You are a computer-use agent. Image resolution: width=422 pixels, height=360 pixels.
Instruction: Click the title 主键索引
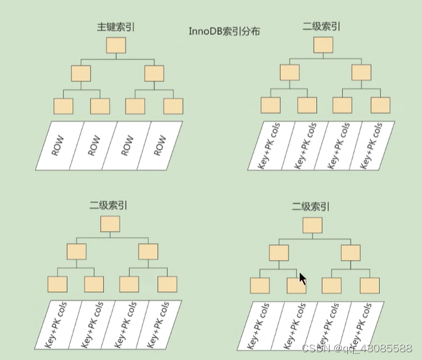pos(116,27)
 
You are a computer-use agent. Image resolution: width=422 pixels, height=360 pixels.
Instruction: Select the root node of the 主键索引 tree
pos(116,45)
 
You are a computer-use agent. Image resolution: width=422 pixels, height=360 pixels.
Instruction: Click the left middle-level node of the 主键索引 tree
pos(80,73)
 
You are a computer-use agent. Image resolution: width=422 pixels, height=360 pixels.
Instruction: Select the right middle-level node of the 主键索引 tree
pos(154,73)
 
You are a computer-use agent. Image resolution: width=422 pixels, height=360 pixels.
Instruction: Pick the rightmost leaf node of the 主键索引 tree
pos(173,106)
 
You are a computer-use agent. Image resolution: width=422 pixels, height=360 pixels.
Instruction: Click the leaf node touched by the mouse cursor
pos(296,285)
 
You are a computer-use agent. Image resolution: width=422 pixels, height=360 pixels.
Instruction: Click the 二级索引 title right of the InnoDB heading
pos(321,27)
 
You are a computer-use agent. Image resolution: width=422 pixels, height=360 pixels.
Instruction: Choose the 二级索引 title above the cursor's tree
pos(311,207)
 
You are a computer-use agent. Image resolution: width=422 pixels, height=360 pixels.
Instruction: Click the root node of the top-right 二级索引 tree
pos(323,45)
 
